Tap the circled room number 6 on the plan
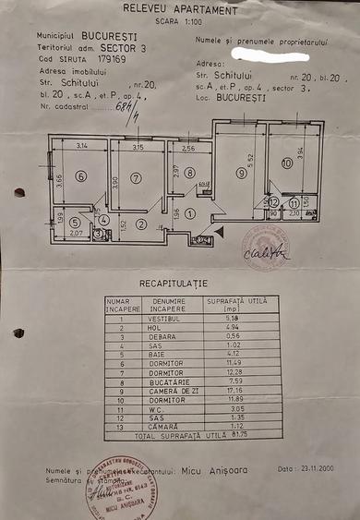[81, 177]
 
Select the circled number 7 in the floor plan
[136, 177]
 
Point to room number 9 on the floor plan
[242, 172]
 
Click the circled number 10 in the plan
[287, 163]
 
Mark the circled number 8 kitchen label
[188, 173]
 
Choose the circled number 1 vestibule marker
[188, 213]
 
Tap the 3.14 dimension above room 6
[81, 146]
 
